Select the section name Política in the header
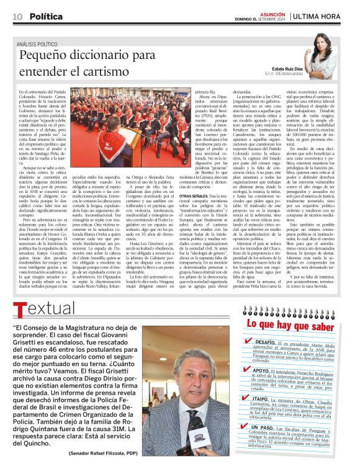coord(45,16)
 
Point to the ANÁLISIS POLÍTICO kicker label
coord(39,44)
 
